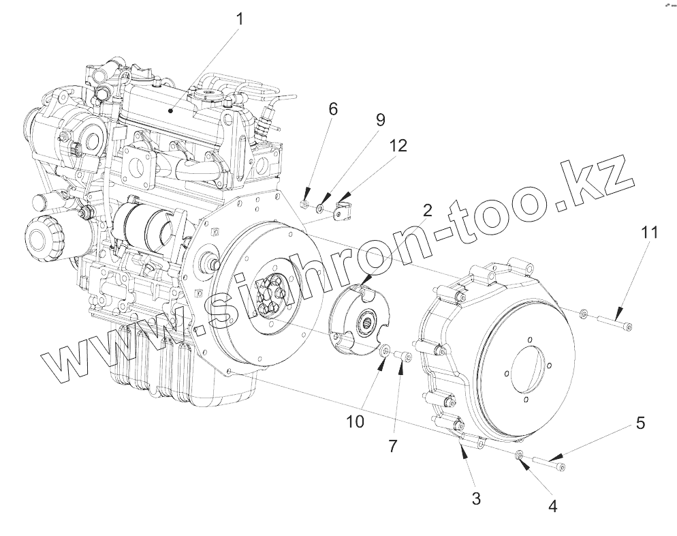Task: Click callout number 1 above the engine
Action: point(239,20)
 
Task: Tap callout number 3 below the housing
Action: point(476,499)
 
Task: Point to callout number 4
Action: point(553,507)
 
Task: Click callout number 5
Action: point(640,423)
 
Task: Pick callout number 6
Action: point(333,109)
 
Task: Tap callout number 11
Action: point(649,233)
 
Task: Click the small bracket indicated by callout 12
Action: point(344,207)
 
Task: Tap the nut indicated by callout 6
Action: point(306,202)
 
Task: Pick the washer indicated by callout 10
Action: point(385,351)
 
